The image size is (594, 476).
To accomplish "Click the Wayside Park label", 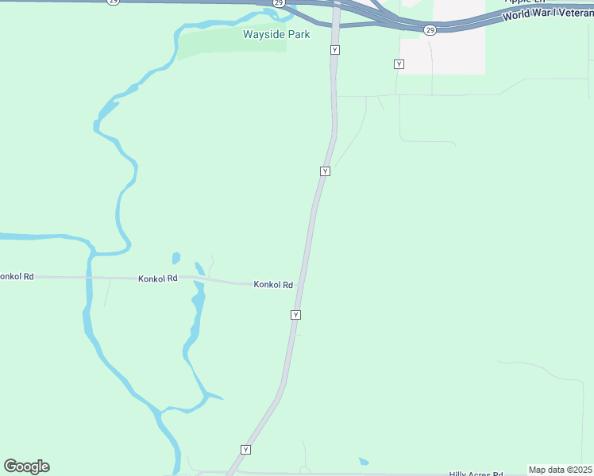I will point(276,35).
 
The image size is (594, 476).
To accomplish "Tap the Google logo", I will point(26,466).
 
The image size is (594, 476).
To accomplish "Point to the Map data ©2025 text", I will point(560,470).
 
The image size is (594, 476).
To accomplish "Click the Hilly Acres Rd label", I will point(476,474).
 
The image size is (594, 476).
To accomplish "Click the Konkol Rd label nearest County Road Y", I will point(273,285).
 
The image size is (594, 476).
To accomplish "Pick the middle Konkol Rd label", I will point(158,279).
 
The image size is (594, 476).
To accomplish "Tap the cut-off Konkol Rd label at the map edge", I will point(16,277).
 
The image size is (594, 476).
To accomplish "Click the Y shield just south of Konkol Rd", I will point(295,315).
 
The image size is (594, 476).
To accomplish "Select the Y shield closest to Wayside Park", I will point(335,50).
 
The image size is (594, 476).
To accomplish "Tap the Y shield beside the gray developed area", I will point(399,63).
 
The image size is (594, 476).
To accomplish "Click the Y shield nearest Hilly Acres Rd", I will point(245,450).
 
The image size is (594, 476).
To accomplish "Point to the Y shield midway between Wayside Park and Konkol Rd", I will point(325,171).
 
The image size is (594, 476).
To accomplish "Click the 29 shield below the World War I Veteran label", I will point(430,30).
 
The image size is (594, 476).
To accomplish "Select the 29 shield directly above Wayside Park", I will point(278,3).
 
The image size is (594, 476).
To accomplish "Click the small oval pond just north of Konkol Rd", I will point(175,258).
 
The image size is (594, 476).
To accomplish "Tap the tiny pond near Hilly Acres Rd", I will point(364,462).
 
